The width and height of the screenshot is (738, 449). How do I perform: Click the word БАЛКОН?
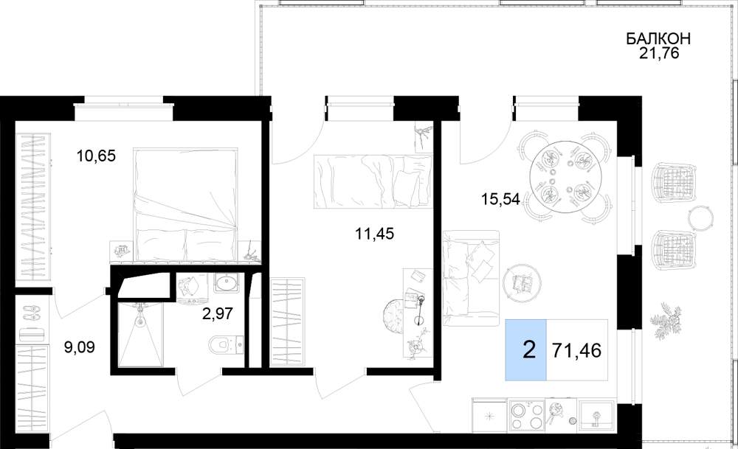[x=658, y=38]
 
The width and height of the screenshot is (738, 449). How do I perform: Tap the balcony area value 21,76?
[x=659, y=53]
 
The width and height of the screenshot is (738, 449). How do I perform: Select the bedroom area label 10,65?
[x=96, y=155]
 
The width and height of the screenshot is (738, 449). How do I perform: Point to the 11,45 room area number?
[x=375, y=233]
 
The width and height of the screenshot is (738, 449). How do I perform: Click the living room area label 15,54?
[x=500, y=199]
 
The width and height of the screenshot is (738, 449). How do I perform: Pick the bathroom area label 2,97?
[x=218, y=313]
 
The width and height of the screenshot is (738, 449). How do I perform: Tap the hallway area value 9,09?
[x=80, y=347]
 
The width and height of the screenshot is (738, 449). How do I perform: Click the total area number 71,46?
[x=577, y=350]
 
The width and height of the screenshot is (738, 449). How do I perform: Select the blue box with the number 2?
[x=526, y=349]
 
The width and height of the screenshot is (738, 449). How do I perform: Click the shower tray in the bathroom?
[x=139, y=334]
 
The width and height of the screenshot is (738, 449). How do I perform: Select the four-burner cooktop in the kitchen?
[x=526, y=415]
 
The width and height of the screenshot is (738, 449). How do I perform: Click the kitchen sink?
[x=596, y=415]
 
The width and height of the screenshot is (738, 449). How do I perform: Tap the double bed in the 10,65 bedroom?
[x=186, y=204]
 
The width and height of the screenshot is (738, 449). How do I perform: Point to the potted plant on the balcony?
[x=666, y=320]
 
